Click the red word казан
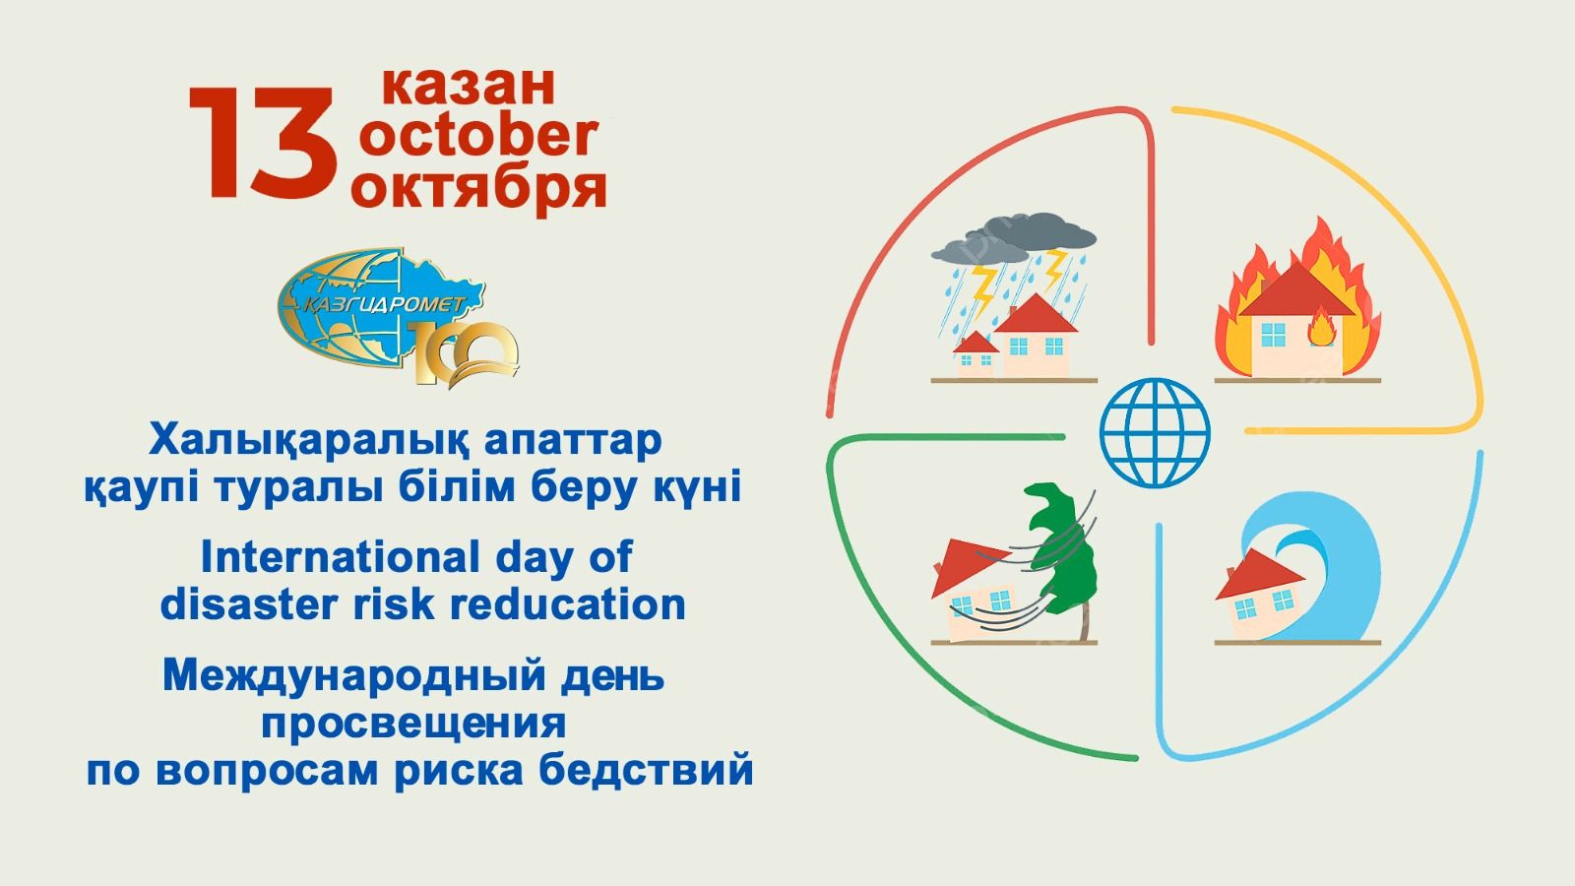[469, 86]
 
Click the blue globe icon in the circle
[1155, 433]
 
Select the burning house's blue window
[1273, 335]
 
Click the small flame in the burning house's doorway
[1322, 328]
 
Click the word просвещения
[414, 725]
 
